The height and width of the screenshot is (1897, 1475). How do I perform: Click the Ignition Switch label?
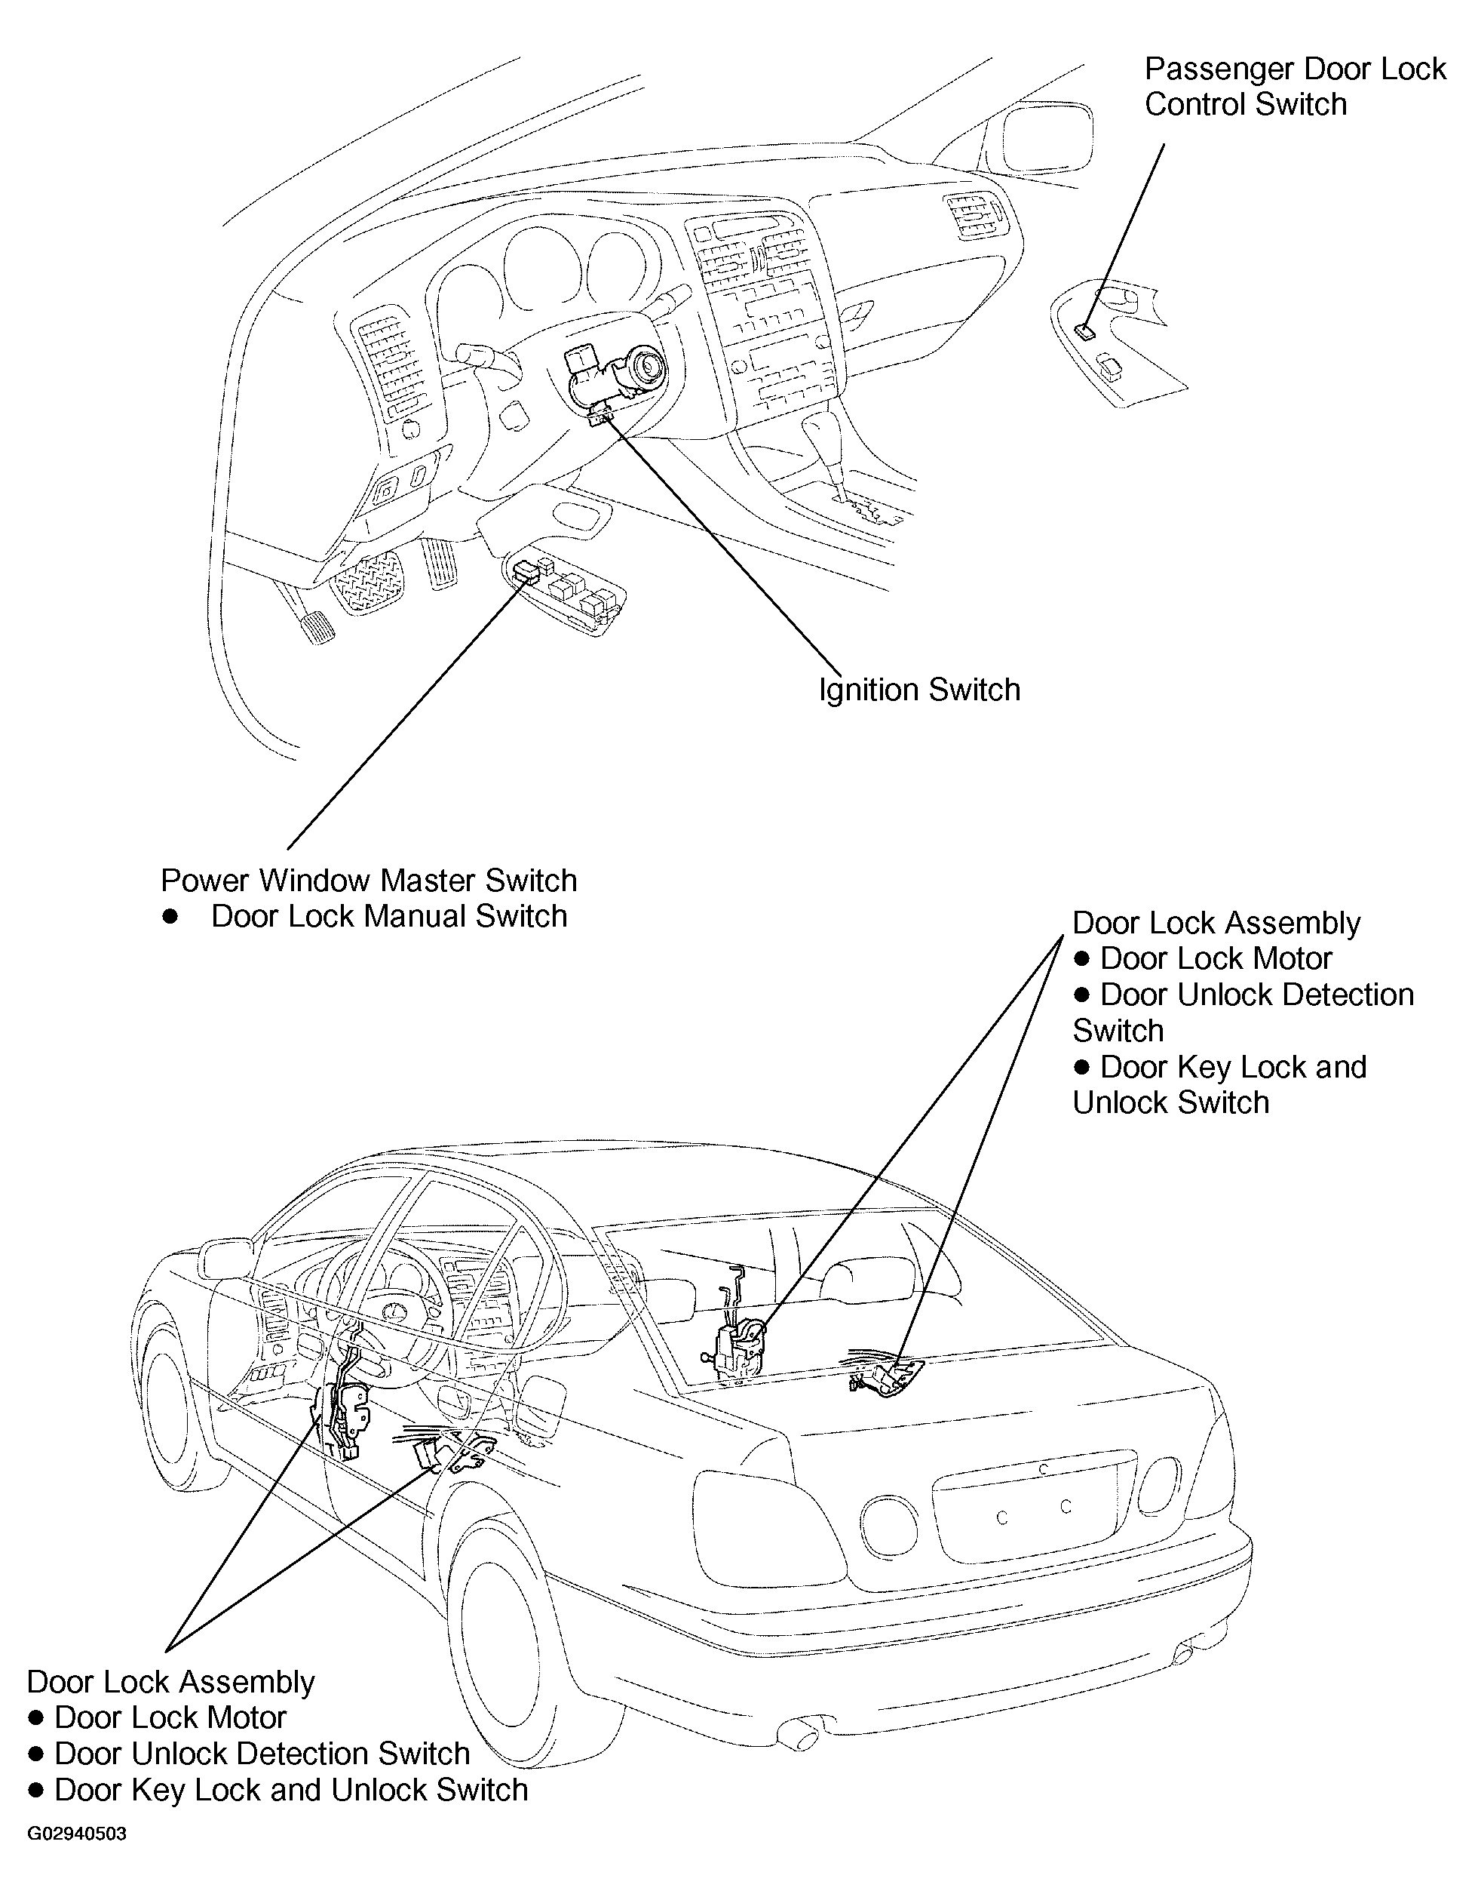(x=919, y=690)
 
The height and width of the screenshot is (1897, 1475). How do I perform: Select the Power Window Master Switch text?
(x=368, y=881)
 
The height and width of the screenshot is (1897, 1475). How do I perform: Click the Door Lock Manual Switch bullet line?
(x=388, y=916)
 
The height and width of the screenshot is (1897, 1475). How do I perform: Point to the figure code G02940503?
(x=76, y=1834)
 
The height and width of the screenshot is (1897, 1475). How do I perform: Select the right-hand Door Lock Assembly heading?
(x=1216, y=924)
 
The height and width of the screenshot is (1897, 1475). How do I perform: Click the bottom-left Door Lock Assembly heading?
(x=170, y=1682)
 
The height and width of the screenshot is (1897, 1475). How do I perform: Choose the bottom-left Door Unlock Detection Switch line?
(x=260, y=1754)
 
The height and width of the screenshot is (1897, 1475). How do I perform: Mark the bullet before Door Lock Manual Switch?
(x=170, y=916)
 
